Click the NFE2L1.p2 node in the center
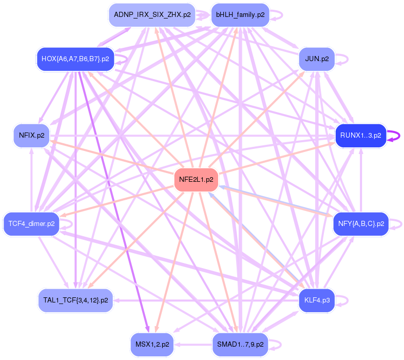(196, 180)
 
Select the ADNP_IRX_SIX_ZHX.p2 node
(152, 15)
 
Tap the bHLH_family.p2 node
(240, 15)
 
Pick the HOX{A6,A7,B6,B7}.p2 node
(75, 59)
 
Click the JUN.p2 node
(317, 59)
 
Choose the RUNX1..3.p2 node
(360, 136)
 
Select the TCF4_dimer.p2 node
(32, 224)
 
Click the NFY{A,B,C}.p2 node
(361, 224)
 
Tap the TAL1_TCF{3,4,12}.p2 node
(75, 300)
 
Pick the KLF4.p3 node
(317, 300)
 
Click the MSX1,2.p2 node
(152, 344)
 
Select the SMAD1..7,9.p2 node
(240, 344)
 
